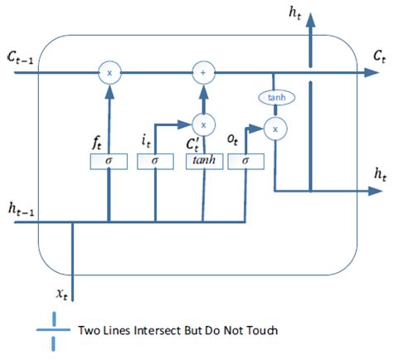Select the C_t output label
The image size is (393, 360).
click(378, 58)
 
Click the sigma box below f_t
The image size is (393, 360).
click(108, 161)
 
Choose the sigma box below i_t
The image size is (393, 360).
click(155, 161)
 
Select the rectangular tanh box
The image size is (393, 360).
click(202, 161)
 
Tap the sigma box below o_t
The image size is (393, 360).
click(246, 161)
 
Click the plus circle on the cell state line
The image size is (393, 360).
click(202, 73)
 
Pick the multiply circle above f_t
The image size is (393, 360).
click(108, 73)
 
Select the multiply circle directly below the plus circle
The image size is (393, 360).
click(202, 124)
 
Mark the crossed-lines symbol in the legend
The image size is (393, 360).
click(54, 329)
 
